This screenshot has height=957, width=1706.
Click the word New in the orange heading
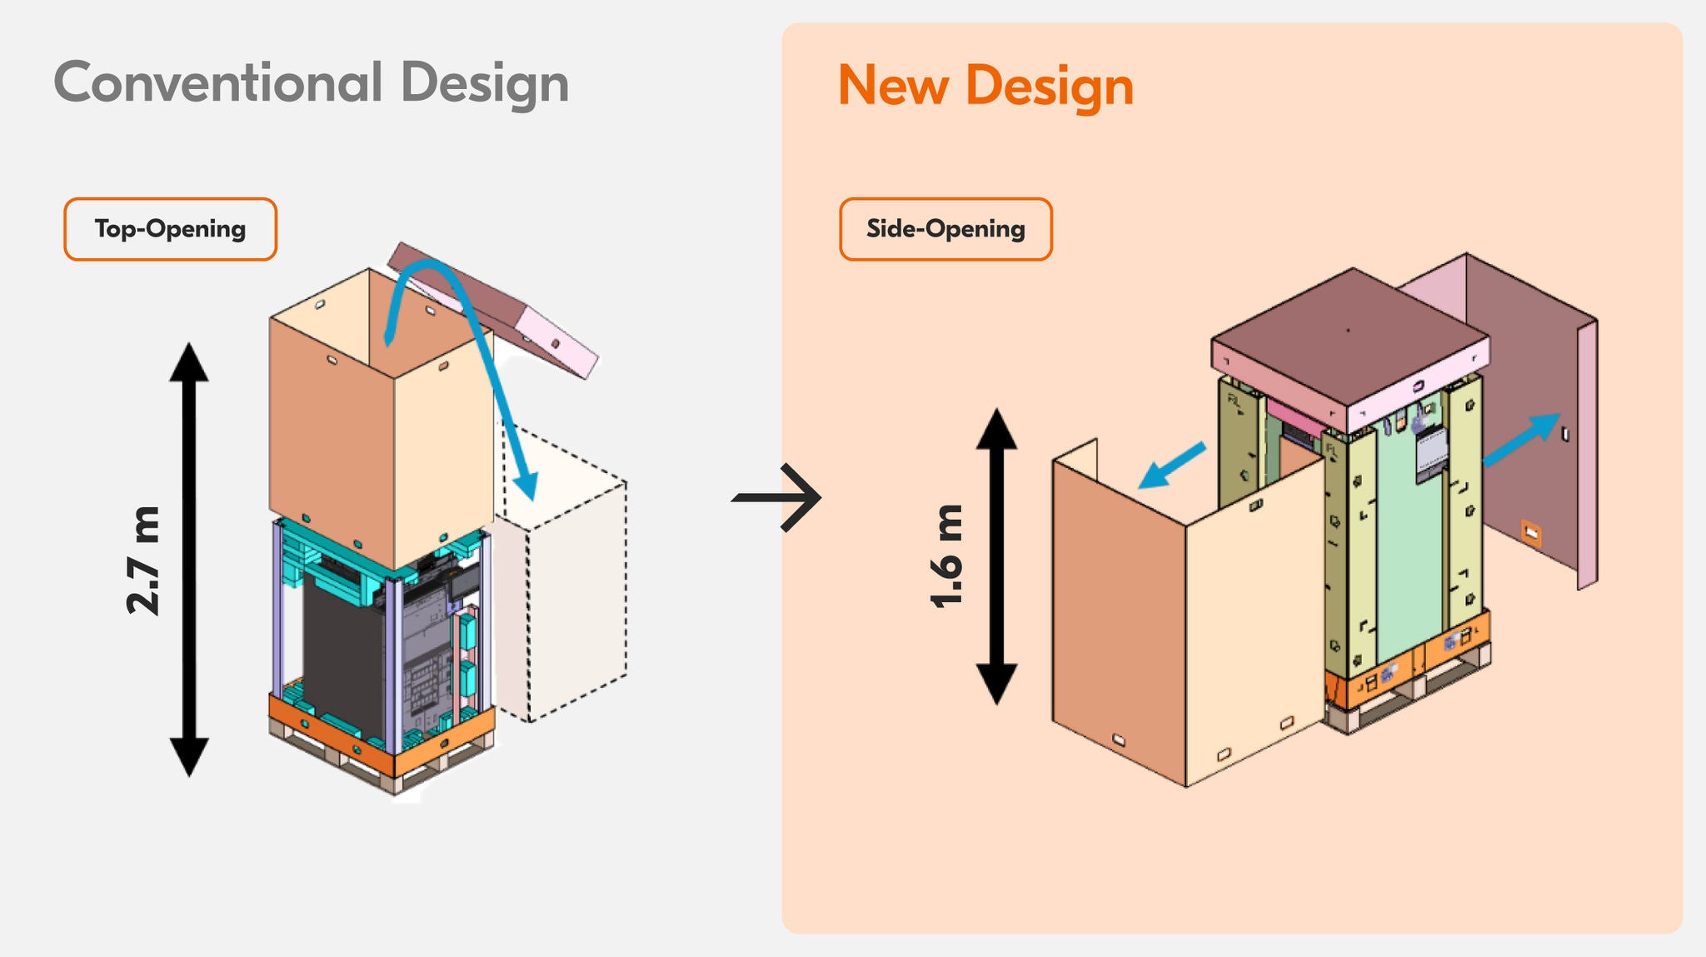pyautogui.click(x=894, y=85)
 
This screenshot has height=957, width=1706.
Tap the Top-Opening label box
pyautogui.click(x=170, y=229)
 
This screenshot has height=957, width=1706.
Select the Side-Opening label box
pyautogui.click(x=945, y=229)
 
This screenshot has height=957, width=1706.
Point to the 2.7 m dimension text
pyautogui.click(x=142, y=560)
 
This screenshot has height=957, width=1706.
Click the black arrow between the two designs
pyautogui.click(x=776, y=498)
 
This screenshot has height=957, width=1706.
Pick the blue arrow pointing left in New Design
pyautogui.click(x=1171, y=466)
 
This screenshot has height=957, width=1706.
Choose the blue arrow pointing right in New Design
pyautogui.click(x=1521, y=439)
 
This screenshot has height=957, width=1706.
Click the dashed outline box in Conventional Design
pyautogui.click(x=563, y=575)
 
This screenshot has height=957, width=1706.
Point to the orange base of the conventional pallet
pyautogui.click(x=382, y=733)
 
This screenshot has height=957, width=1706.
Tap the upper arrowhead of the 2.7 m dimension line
pyautogui.click(x=189, y=362)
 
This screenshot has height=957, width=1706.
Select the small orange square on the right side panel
pyautogui.click(x=1531, y=532)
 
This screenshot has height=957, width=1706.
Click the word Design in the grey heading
pyautogui.click(x=485, y=83)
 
